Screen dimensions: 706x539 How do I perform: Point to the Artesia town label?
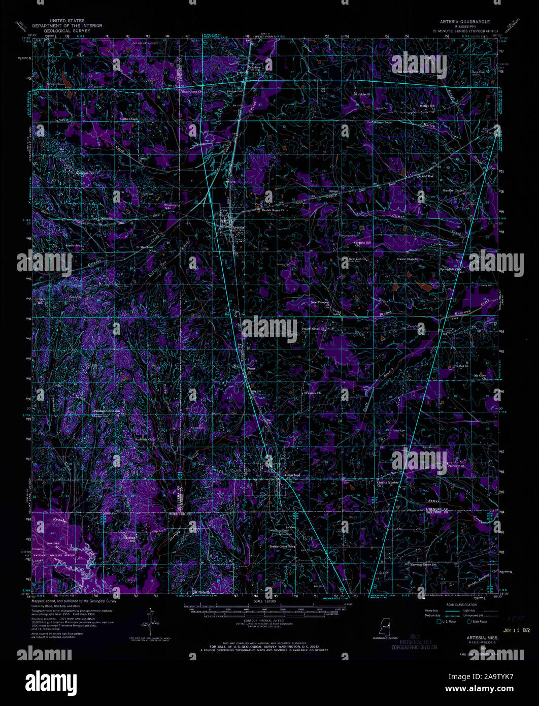pyautogui.click(x=238, y=228)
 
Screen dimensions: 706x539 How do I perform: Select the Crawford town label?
pyautogui.click(x=293, y=475)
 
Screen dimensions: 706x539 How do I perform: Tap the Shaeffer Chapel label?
pyautogui.click(x=453, y=190)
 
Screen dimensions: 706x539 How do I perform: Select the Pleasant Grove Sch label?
pyautogui.click(x=109, y=410)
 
